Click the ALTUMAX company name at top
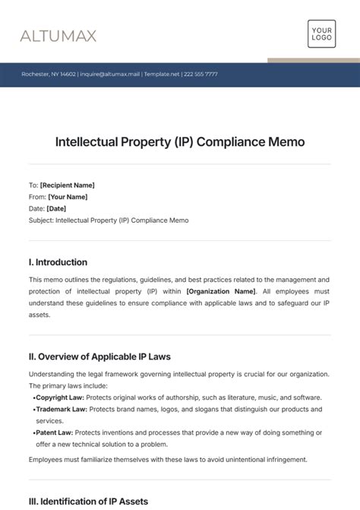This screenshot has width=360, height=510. point(58,36)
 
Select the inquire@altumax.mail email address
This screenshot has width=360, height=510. point(111,74)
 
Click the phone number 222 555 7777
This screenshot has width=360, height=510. point(201,74)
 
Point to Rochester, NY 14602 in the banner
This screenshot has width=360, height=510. point(48,74)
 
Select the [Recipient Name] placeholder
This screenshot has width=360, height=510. point(67,185)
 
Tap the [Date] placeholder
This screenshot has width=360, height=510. point(56,208)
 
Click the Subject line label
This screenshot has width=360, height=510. point(41,220)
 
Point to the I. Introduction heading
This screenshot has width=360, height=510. point(58,262)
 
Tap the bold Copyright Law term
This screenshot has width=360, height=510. point(59,398)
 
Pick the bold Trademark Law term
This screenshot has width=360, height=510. point(61,409)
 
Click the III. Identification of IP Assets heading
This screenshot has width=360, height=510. point(88,501)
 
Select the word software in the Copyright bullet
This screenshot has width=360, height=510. point(305,398)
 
